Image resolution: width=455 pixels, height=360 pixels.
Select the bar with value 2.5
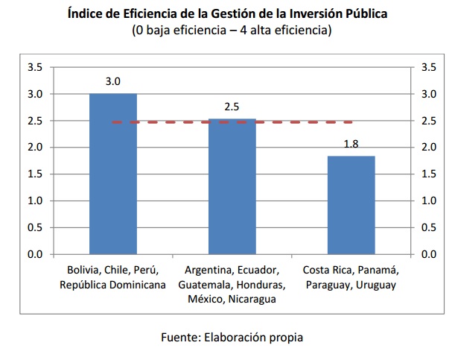coord(232,186)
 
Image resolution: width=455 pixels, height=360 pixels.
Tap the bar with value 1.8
coord(351,205)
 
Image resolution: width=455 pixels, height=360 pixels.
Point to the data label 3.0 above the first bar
coord(112,81)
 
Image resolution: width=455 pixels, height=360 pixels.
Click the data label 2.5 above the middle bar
coord(232,107)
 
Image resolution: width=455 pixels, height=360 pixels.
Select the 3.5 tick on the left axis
coord(34,67)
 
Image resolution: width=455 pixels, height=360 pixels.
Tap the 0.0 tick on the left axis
coord(34,254)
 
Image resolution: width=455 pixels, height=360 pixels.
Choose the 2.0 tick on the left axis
coord(34,148)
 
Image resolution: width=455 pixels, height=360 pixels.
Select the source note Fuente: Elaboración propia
coord(232,337)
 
